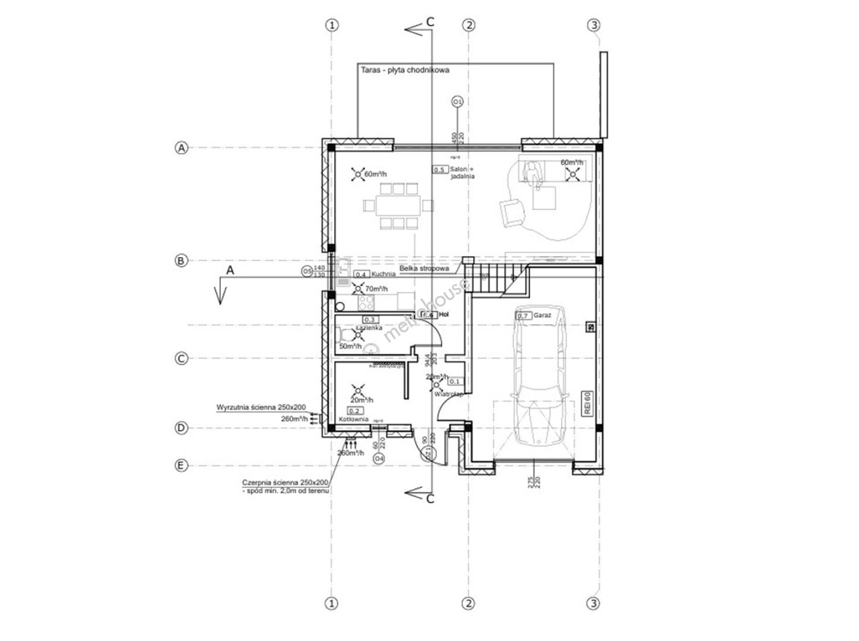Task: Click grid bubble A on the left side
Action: pos(181,148)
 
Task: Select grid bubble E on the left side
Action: pos(181,465)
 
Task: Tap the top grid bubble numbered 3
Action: pos(594,25)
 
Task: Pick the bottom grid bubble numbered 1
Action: pos(332,604)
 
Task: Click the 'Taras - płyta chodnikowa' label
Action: pos(405,70)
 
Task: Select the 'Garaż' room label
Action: pos(541,316)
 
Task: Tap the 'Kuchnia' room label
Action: pos(384,274)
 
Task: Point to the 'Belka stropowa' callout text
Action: pos(424,268)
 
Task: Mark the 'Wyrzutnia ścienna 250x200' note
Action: pos(261,408)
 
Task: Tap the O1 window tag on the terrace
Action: pos(457,102)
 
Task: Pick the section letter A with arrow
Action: pos(231,270)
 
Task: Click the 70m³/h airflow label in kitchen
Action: pos(376,289)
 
